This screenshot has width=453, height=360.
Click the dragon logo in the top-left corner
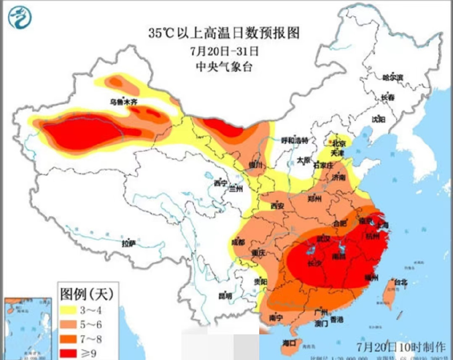tap(20, 17)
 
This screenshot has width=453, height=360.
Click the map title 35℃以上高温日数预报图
tap(224, 33)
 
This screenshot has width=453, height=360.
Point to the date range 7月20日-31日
tap(224, 51)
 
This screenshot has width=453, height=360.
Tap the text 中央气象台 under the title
tap(224, 67)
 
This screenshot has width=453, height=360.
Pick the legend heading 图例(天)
tap(87, 293)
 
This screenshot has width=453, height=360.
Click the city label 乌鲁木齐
tap(124, 102)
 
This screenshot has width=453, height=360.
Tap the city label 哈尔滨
tap(393, 77)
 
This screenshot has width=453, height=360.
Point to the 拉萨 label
tap(129, 243)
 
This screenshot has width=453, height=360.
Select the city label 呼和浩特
tap(295, 140)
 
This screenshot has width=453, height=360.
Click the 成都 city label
tap(238, 241)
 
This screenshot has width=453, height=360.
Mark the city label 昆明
tap(225, 296)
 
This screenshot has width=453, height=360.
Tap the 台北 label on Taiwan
tap(400, 282)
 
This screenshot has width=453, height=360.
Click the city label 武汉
tap(323, 239)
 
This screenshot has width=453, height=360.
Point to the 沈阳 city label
tap(378, 119)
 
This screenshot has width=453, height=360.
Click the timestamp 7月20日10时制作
tap(402, 345)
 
